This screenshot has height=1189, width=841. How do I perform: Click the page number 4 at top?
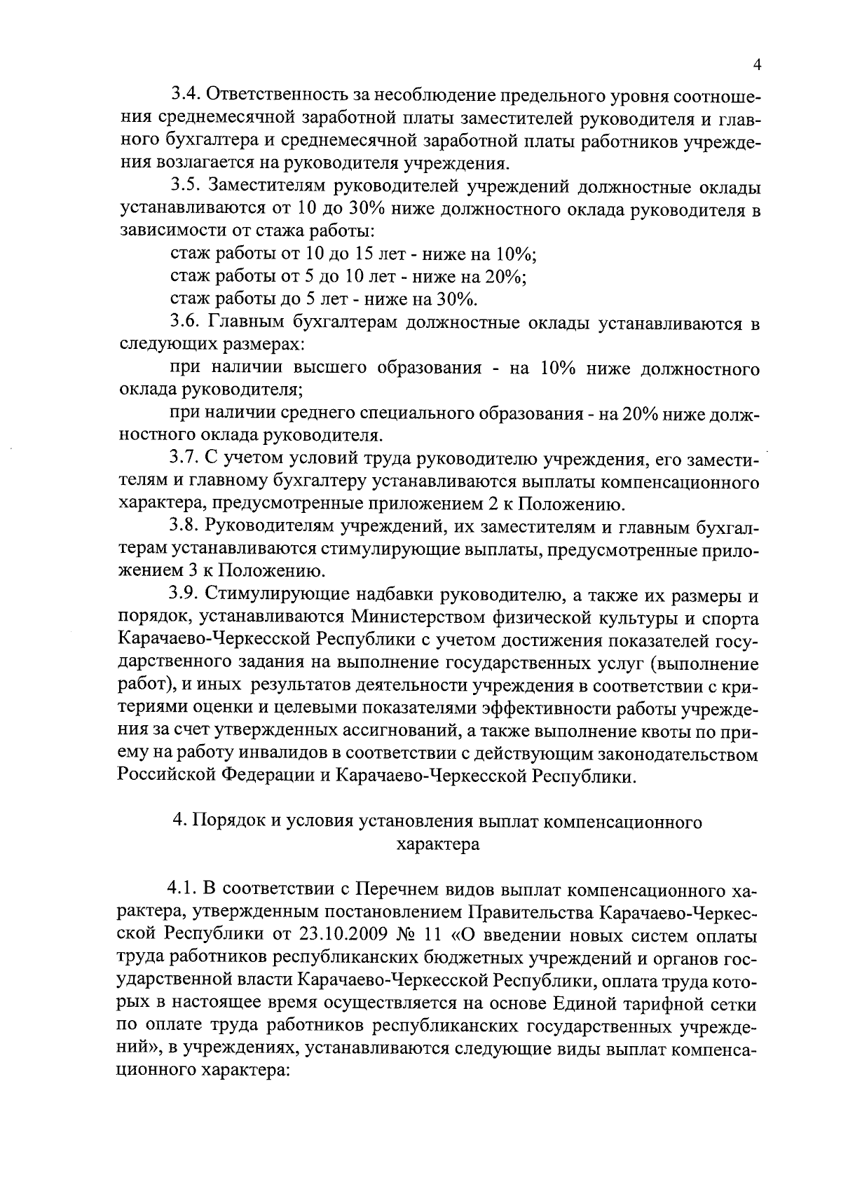point(757,64)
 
